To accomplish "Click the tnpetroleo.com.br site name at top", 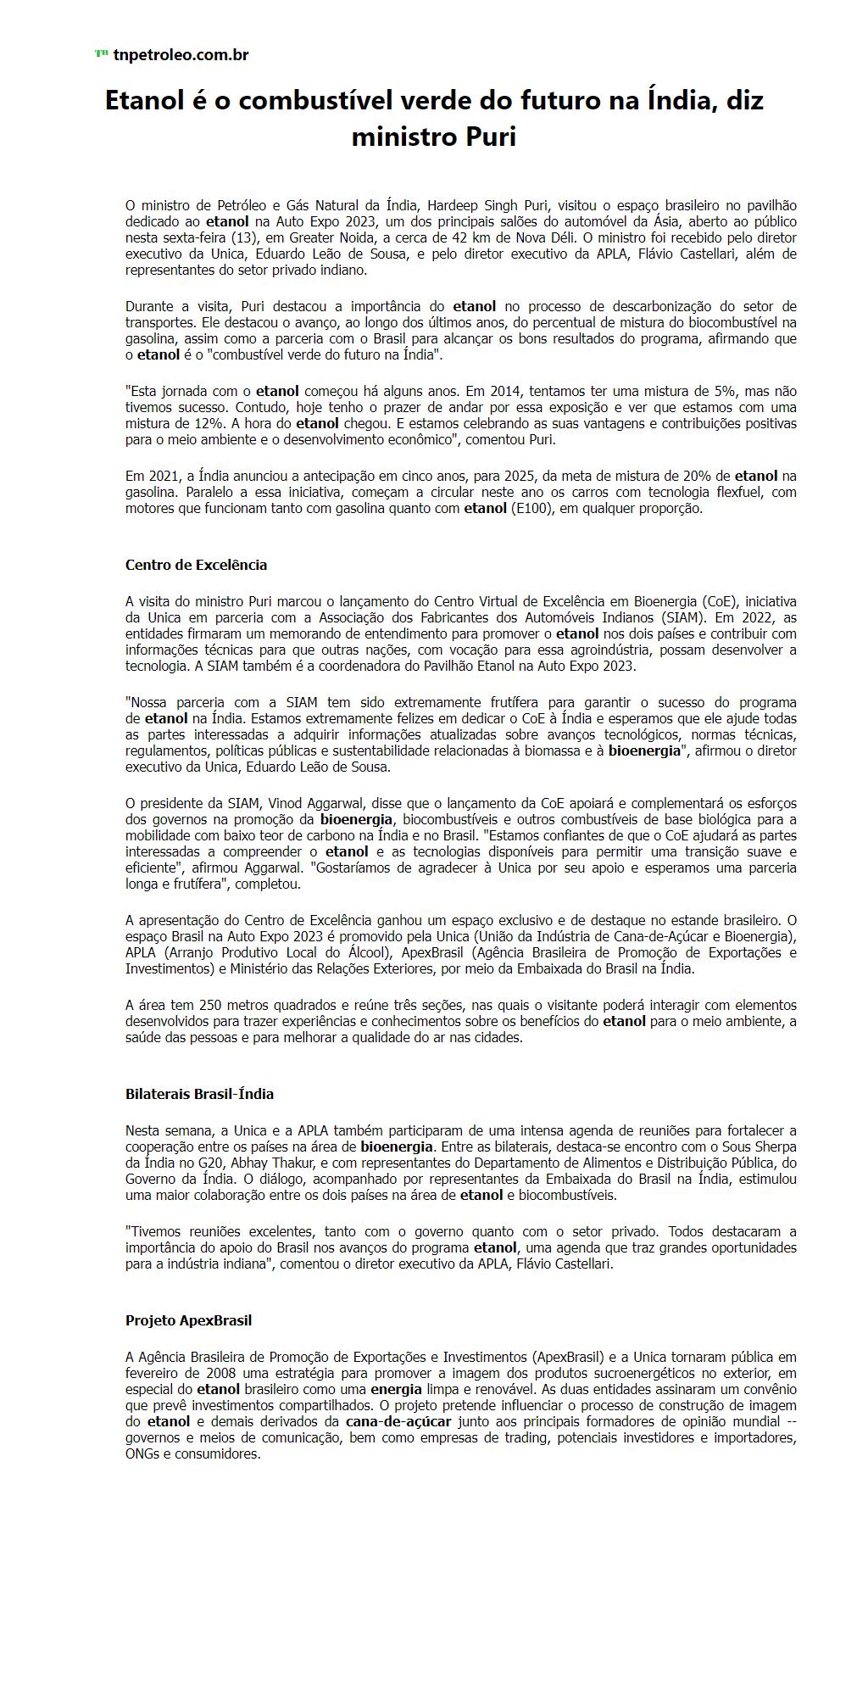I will pos(181,55).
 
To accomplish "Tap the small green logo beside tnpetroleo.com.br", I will pos(101,54).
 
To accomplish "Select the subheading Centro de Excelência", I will pos(196,565).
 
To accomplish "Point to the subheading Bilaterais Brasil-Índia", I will pos(199,1094).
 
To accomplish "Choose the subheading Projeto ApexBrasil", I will pos(188,1320).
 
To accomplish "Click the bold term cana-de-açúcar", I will pos(398,1421).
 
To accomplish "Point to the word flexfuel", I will pos(739,492).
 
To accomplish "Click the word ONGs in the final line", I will pos(142,1453).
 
